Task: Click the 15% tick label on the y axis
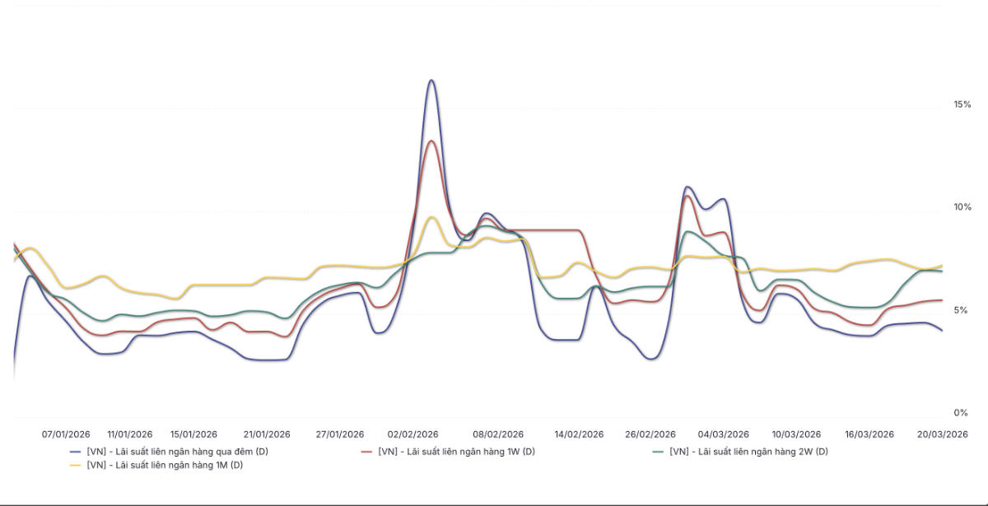pyautogui.click(x=962, y=104)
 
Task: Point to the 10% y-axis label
pyautogui.click(x=962, y=207)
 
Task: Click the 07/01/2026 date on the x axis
pyautogui.click(x=66, y=434)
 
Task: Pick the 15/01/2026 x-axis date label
pyautogui.click(x=193, y=434)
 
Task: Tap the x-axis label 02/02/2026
pyautogui.click(x=412, y=434)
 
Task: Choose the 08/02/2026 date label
pyautogui.click(x=498, y=434)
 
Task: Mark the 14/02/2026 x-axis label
pyautogui.click(x=580, y=434)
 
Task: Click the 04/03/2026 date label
pyautogui.click(x=724, y=434)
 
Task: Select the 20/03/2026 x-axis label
pyautogui.click(x=943, y=434)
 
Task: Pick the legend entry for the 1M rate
pyautogui.click(x=165, y=465)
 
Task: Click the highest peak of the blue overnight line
pyautogui.click(x=431, y=80)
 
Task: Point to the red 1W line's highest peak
pyautogui.click(x=431, y=141)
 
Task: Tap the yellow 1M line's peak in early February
pyautogui.click(x=431, y=217)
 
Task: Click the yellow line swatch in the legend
pyautogui.click(x=73, y=466)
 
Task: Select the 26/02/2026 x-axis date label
pyautogui.click(x=650, y=434)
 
